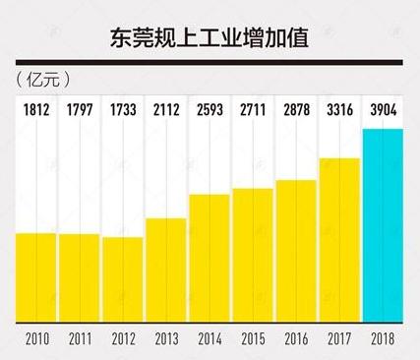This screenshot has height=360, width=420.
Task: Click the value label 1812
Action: [36, 107]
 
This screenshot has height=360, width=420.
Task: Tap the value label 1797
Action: [80, 107]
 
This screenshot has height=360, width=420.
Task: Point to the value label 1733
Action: [123, 107]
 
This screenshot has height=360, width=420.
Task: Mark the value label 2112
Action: [166, 107]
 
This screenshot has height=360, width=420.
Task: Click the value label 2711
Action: [253, 107]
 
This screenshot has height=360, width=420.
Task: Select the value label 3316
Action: [339, 107]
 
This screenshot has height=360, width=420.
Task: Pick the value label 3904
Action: [383, 107]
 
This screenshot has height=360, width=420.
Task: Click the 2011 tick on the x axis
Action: [80, 340]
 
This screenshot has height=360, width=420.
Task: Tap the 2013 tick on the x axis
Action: [166, 340]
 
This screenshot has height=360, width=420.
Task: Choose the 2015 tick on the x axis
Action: [253, 340]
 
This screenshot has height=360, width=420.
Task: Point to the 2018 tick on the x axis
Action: [383, 340]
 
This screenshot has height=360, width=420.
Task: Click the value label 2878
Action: [296, 107]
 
